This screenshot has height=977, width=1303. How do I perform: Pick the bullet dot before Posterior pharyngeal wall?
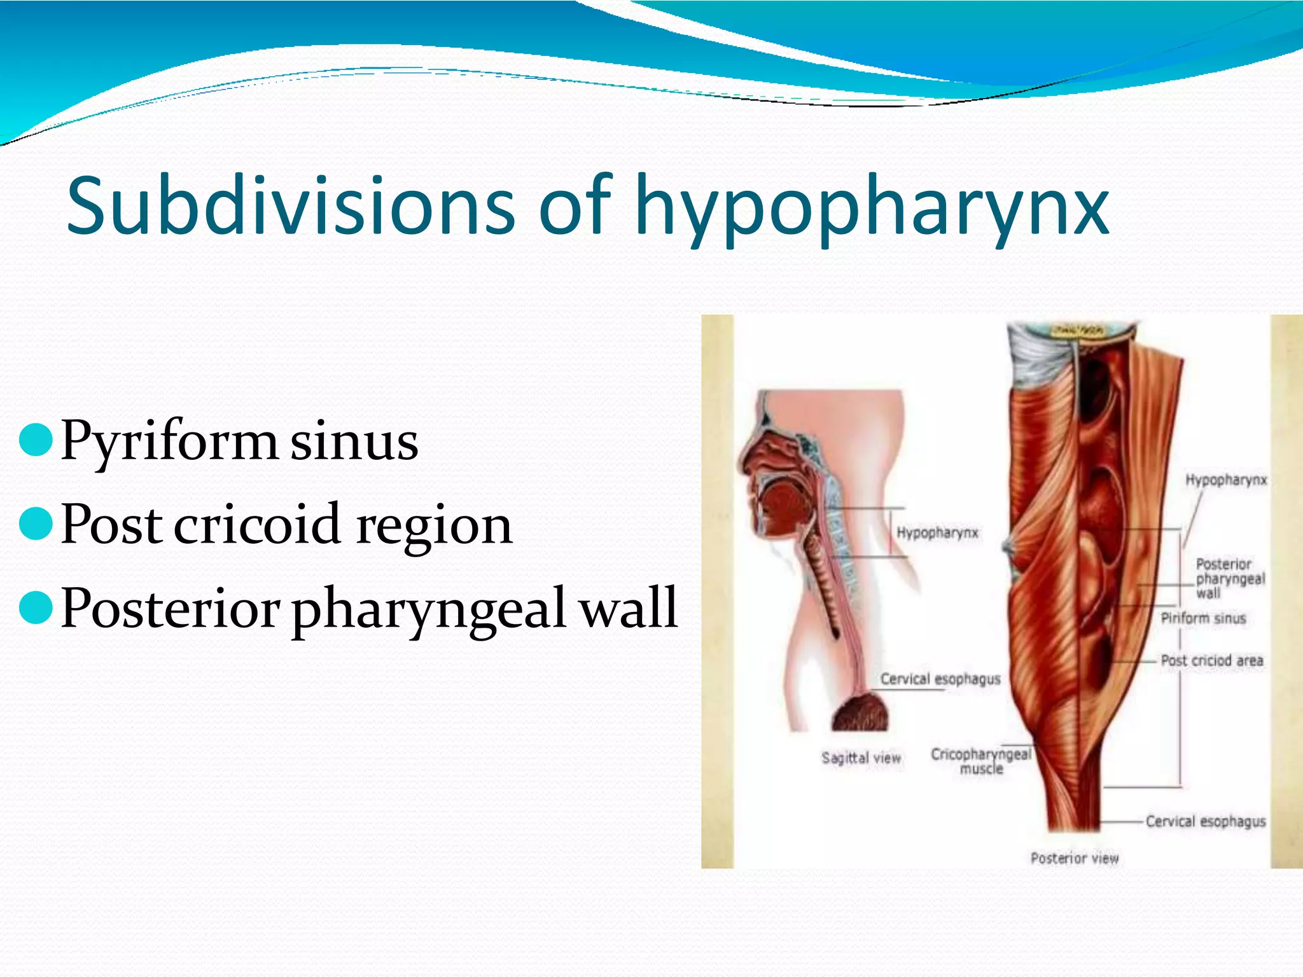36,608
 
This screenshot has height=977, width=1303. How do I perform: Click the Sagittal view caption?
861,758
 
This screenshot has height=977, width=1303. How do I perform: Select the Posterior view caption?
1075,858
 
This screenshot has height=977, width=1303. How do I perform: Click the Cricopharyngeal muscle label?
981,761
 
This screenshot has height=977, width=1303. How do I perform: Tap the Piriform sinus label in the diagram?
1203,618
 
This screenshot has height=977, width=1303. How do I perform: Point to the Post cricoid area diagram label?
1211,660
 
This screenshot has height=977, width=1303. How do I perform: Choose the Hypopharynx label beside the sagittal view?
937,532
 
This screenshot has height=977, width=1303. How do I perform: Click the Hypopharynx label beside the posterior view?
1226,480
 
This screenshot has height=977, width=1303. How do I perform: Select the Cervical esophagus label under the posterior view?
1206,821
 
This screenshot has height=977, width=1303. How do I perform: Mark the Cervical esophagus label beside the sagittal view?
940,679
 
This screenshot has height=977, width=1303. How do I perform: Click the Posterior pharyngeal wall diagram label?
1230,578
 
